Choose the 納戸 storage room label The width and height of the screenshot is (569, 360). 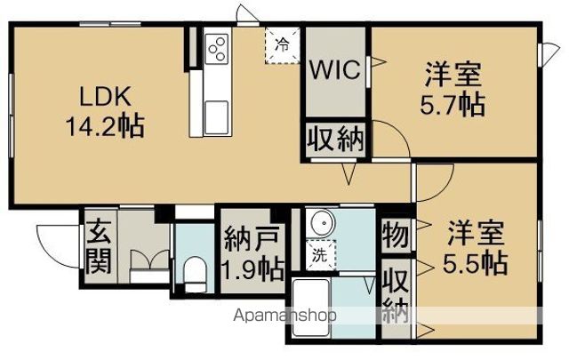pos(252,238)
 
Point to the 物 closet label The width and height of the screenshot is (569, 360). pos(395,235)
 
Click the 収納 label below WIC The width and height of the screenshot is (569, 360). pos(336,140)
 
